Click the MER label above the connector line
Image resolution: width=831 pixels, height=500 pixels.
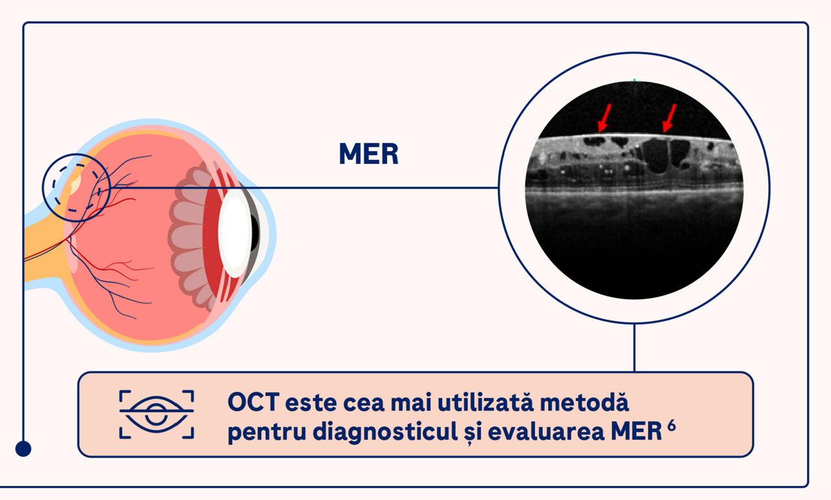tap(369, 154)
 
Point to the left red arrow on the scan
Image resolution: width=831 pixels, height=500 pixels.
tap(604, 118)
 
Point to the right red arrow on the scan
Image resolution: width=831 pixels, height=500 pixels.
tap(669, 118)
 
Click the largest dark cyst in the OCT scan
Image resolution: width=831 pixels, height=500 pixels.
tap(656, 156)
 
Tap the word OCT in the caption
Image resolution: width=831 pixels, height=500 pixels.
tap(253, 402)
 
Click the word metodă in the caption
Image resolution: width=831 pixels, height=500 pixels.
tap(584, 402)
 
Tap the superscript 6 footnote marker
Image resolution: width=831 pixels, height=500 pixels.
tap(671, 426)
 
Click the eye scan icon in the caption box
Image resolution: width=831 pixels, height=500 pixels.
tap(156, 414)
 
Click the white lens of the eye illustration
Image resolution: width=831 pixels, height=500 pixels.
tap(234, 233)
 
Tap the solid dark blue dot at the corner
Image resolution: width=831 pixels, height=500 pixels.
tap(23, 449)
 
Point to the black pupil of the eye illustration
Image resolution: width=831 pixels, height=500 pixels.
tap(255, 233)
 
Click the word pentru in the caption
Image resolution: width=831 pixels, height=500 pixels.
tap(267, 433)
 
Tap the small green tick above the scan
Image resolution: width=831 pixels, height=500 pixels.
tap(634, 80)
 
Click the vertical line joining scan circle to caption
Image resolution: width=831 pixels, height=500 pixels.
tap(634, 348)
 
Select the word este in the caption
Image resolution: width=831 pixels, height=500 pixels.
tap(311, 403)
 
